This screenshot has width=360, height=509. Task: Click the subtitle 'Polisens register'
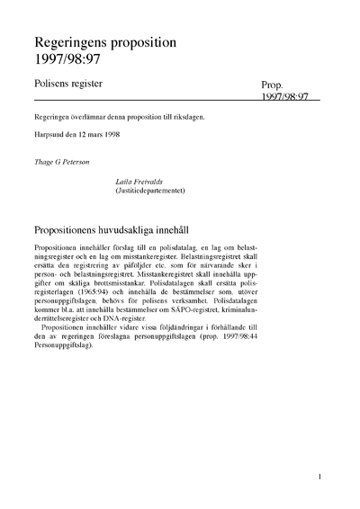[x=67, y=83]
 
